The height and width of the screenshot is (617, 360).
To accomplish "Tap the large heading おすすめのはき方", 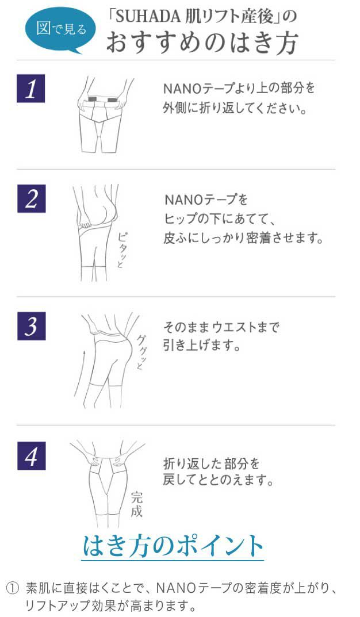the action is point(202,43).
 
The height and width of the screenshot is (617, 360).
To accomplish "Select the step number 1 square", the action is point(30,88).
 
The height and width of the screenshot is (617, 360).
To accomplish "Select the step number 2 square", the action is point(32,199).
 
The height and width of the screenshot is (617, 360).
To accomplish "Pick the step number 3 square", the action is point(32,326).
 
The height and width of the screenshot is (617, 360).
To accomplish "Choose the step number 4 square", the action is point(32,455).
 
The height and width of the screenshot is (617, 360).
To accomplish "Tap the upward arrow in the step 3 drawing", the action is point(80,372).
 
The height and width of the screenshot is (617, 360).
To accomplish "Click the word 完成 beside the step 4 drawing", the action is point(136,504).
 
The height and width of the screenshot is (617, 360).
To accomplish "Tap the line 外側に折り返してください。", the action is point(235,108).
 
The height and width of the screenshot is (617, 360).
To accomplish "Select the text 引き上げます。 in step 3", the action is point(201,346).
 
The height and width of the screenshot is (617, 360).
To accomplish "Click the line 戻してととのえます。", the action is point(219,480).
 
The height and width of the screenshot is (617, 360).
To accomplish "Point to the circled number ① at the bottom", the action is point(13,588).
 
